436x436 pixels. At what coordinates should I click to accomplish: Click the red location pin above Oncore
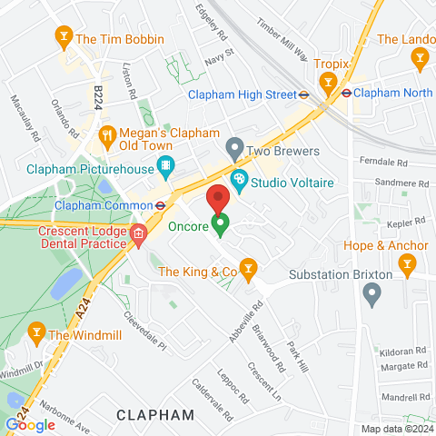click(x=216, y=198)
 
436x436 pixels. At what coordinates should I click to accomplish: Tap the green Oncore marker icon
click(x=220, y=222)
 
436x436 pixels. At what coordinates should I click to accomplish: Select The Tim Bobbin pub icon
click(x=64, y=37)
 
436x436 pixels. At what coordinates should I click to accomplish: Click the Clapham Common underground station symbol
click(x=160, y=204)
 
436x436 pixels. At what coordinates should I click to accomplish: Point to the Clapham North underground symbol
click(x=346, y=92)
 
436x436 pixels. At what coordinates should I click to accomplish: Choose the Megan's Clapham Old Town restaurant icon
click(x=107, y=134)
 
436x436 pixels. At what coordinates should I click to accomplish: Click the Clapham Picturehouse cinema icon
click(x=164, y=166)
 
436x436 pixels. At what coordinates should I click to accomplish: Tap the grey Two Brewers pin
click(x=235, y=146)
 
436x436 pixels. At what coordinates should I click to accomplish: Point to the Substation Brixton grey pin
click(x=371, y=292)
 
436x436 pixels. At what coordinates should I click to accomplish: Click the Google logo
click(x=30, y=424)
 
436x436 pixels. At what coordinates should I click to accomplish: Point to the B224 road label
click(x=99, y=94)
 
